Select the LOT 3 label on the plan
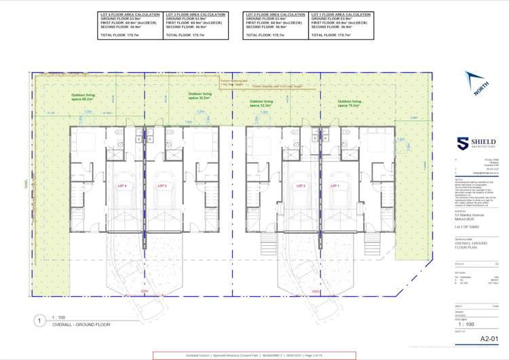162,185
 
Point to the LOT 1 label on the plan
334,185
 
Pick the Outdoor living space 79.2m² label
350,104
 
